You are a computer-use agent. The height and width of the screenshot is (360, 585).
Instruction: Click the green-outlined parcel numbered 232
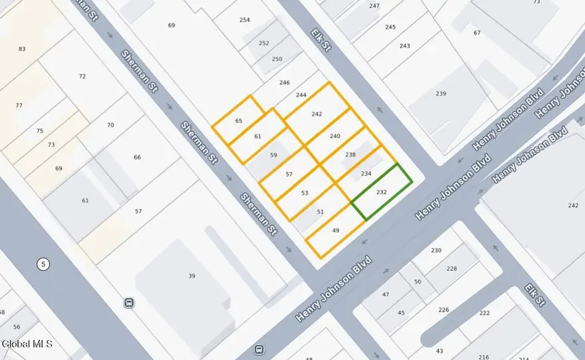click(x=382, y=192)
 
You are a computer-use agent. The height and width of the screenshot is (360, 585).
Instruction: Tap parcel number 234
click(x=366, y=174)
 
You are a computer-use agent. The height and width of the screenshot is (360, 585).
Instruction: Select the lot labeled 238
click(x=350, y=155)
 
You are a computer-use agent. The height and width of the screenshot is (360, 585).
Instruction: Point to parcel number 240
click(x=335, y=136)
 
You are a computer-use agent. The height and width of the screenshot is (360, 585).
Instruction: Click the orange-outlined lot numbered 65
click(x=239, y=121)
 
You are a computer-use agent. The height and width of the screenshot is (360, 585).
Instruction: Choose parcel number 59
click(x=274, y=155)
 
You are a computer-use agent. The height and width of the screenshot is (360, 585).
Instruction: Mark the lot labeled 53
click(x=305, y=193)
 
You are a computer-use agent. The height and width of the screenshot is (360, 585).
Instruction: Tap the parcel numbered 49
click(x=335, y=231)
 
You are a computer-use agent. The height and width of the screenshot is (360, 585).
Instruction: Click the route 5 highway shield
click(x=43, y=264)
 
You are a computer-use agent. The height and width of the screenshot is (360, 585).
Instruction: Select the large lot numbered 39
click(x=192, y=276)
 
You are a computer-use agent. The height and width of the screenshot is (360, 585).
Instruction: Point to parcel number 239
click(x=441, y=94)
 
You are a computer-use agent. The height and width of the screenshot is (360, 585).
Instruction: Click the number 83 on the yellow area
click(x=22, y=49)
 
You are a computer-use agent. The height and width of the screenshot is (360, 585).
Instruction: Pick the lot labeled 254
click(x=244, y=20)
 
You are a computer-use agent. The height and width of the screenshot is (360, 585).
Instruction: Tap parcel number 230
click(x=435, y=251)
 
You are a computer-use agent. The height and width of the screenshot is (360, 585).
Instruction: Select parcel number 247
click(x=374, y=6)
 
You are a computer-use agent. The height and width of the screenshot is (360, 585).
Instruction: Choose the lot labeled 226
click(x=444, y=310)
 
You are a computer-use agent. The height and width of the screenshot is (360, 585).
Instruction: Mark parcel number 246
click(x=284, y=83)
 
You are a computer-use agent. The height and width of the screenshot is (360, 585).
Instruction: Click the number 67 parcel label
click(x=477, y=32)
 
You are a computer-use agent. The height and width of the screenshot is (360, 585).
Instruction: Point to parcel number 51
click(x=320, y=212)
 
